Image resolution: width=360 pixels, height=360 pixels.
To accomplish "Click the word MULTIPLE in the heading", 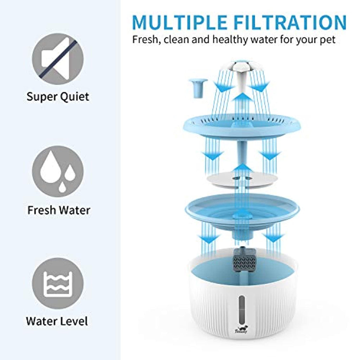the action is click(180, 22).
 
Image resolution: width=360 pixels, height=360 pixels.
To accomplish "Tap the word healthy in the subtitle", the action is click(230, 39).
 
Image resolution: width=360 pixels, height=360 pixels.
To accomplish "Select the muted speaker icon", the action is click(58, 59).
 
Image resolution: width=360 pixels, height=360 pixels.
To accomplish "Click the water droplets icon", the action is click(58, 172).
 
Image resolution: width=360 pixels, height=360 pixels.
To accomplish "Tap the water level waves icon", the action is click(58, 284).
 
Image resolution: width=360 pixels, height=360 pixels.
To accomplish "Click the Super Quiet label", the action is click(58, 97).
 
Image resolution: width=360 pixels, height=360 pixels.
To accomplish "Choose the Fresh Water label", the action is click(59, 210).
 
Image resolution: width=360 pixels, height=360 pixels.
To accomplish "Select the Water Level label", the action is click(57, 321).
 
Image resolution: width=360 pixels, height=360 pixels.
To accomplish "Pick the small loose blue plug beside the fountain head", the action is click(198, 88).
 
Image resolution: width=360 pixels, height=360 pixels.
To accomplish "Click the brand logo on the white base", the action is click(241, 329).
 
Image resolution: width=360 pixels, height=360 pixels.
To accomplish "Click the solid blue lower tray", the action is click(242, 215).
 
